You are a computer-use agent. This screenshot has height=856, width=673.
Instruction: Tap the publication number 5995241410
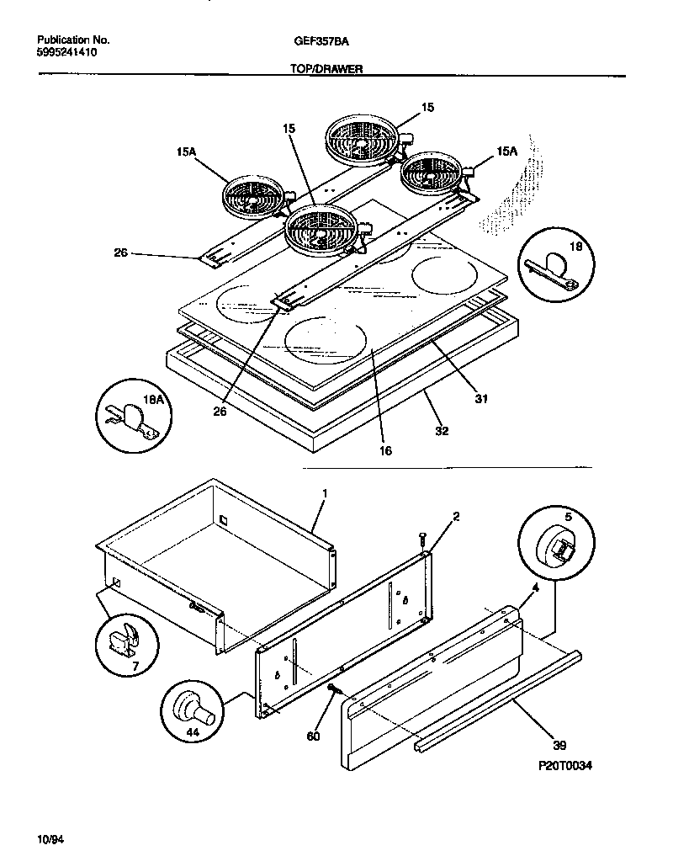[67, 51]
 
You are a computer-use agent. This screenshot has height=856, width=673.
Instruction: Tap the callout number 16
[384, 450]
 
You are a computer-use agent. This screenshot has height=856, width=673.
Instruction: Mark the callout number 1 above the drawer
[325, 492]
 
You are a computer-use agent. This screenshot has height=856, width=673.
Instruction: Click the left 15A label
[187, 151]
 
